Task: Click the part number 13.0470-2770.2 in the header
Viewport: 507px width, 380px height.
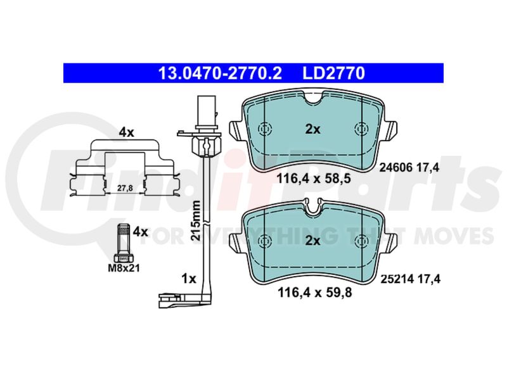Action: (x=220, y=73)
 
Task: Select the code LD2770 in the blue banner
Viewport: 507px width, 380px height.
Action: (x=334, y=73)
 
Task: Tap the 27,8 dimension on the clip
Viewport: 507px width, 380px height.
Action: (x=125, y=188)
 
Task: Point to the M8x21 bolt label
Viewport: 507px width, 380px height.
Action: (x=124, y=268)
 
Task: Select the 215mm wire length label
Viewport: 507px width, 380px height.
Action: (x=195, y=220)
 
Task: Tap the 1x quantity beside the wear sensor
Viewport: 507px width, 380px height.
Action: (x=189, y=278)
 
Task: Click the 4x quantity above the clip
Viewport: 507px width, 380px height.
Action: (x=126, y=132)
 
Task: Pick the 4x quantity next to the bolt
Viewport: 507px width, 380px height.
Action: (x=141, y=231)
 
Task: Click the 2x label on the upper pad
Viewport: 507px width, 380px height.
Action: (x=313, y=129)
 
